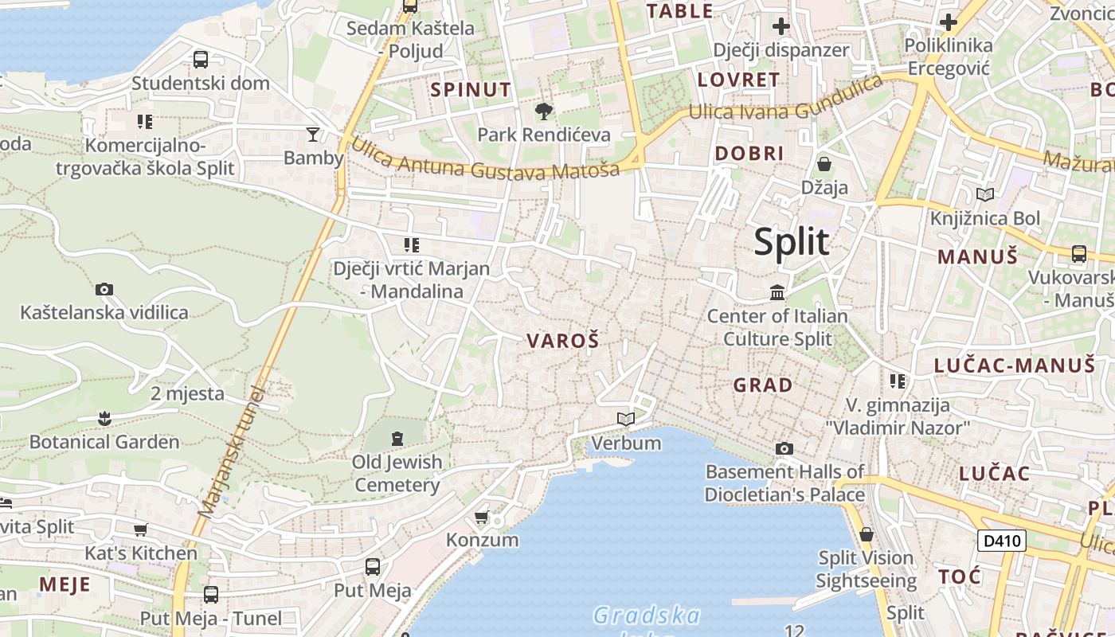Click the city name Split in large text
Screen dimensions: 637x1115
click(792, 242)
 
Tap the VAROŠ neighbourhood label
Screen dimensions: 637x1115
click(562, 341)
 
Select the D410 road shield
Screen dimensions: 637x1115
click(1001, 541)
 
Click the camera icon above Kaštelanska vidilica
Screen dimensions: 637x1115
click(104, 289)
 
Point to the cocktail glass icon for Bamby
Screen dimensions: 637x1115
click(313, 134)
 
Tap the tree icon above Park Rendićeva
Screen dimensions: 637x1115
click(544, 111)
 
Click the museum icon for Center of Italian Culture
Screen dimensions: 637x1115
click(777, 293)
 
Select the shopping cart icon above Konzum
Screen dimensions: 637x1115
click(482, 518)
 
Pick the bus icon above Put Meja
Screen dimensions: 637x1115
click(372, 567)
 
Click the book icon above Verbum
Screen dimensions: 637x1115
click(626, 419)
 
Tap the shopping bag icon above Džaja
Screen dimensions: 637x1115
click(824, 165)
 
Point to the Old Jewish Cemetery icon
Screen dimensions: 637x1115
click(397, 438)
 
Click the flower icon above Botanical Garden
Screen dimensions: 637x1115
click(104, 418)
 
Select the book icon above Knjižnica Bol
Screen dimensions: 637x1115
click(985, 194)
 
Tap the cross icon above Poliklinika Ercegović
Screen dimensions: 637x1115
click(948, 22)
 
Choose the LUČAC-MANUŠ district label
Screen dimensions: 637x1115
click(1015, 365)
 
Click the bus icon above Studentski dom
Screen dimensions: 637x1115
click(201, 59)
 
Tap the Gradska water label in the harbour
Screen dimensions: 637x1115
click(647, 616)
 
